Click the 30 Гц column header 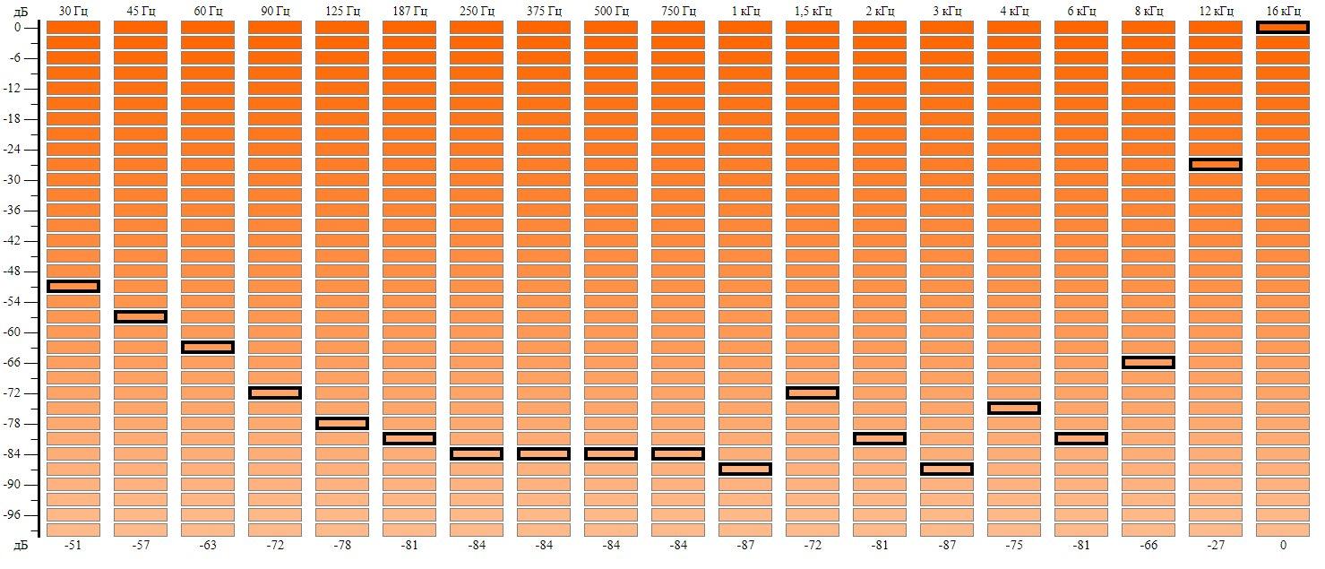click(x=73, y=11)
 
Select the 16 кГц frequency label click(x=1283, y=11)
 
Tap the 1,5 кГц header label click(x=813, y=11)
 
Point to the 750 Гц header click(x=678, y=11)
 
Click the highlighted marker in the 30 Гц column click(x=73, y=286)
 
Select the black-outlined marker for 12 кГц click(x=1216, y=164)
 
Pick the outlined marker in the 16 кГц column click(x=1283, y=27)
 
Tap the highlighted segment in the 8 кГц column click(x=1149, y=362)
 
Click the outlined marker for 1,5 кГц click(x=813, y=392)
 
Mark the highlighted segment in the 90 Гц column click(x=275, y=392)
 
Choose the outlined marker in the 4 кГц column click(x=1014, y=408)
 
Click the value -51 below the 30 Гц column click(x=73, y=545)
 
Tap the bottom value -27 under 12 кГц click(x=1216, y=545)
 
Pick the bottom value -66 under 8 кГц click(x=1149, y=545)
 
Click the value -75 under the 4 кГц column click(x=1014, y=545)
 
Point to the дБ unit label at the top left click(x=21, y=12)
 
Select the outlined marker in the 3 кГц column click(x=947, y=469)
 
